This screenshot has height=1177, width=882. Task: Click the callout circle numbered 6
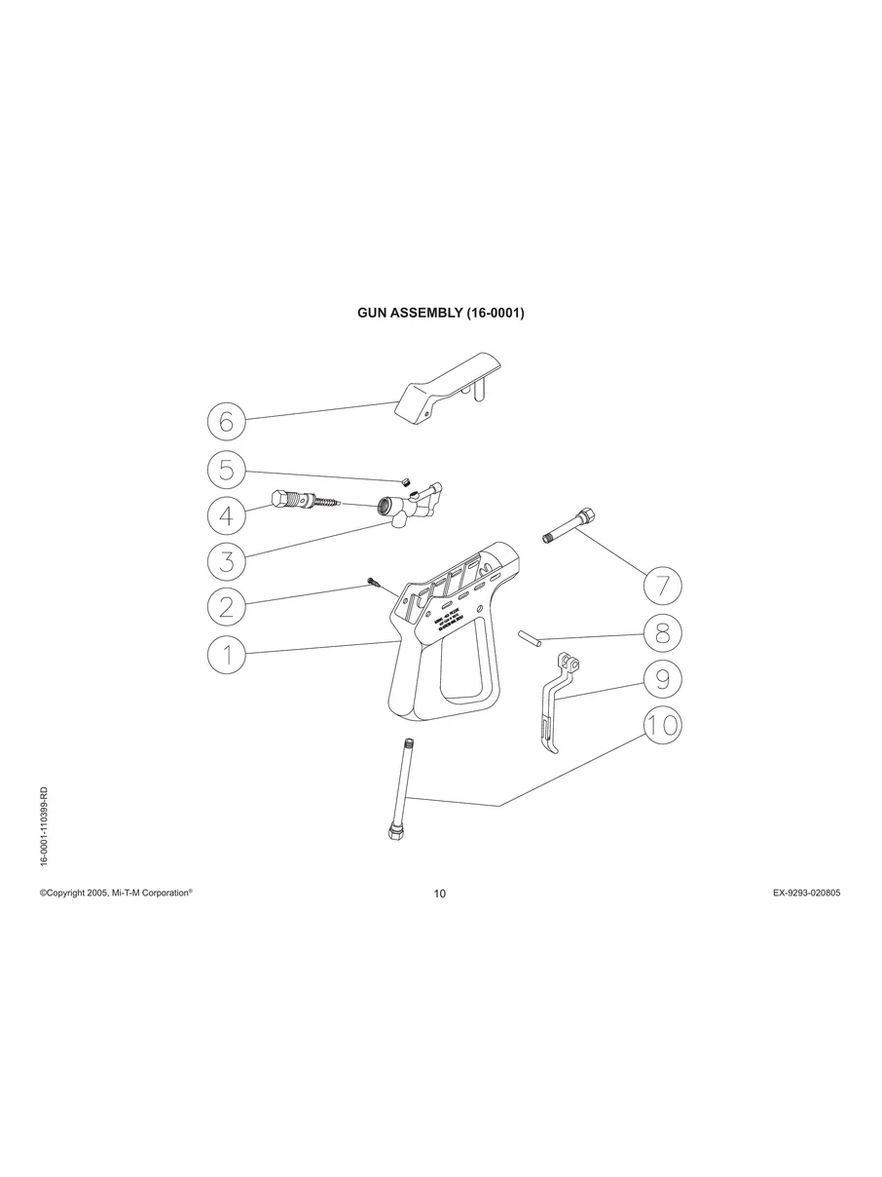226,422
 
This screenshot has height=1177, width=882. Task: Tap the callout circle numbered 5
226,471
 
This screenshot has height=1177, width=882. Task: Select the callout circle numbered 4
226,513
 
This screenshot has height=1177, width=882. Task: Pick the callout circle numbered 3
226,559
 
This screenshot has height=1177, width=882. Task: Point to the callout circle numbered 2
226,607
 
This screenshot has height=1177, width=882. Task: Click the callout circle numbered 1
226,654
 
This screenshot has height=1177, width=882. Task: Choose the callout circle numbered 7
662,587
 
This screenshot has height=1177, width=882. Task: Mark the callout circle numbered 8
662,634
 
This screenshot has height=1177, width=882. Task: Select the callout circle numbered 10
662,725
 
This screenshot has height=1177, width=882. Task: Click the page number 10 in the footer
440,894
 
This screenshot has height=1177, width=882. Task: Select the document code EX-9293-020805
799,892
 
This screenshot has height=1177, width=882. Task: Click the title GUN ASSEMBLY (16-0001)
441,315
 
